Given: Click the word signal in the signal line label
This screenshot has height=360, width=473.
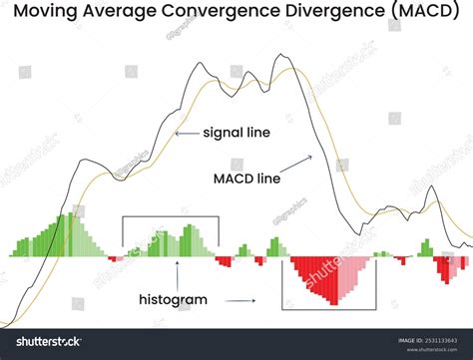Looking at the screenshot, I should click(224, 132).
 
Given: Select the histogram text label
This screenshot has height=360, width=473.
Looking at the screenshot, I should click(173, 298).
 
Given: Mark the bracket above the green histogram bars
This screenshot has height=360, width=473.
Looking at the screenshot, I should click(170, 218).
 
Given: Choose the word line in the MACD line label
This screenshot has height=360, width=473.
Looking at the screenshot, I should click(270, 180).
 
